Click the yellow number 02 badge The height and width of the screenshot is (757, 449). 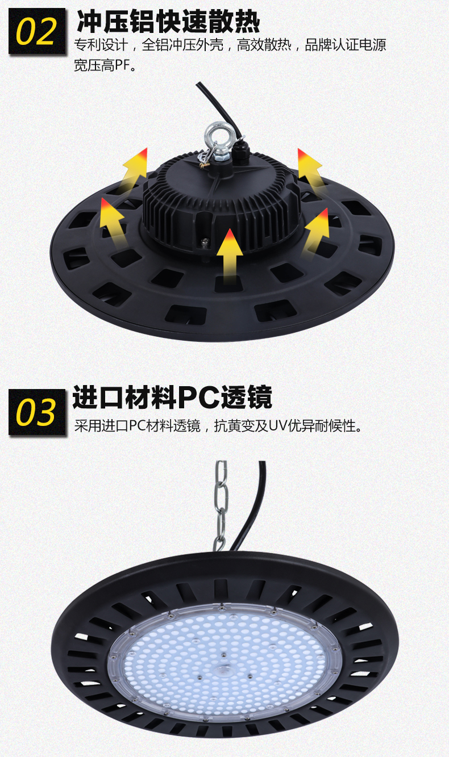point(37,31)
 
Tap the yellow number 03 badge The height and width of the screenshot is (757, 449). point(37,412)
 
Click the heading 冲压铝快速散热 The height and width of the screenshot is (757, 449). point(168,21)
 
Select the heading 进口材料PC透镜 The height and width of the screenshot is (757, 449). point(172,397)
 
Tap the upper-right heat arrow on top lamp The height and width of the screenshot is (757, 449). point(310,171)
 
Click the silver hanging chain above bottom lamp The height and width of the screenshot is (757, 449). point(221,505)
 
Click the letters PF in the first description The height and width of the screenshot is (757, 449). point(122,65)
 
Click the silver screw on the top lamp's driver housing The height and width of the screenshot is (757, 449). point(205,241)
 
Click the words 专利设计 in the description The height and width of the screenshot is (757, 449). point(101,45)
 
